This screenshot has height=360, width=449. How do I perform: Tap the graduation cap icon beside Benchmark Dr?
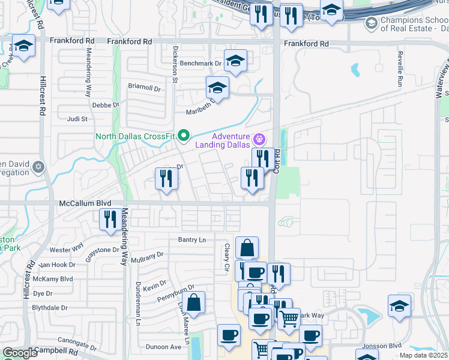coord(235,61)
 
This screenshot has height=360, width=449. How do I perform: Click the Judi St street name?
coord(78,119)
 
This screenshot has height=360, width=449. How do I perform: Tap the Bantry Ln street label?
coord(191,240)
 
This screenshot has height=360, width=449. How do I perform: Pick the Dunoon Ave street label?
coord(163,347)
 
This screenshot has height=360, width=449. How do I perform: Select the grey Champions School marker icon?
coord(371,23)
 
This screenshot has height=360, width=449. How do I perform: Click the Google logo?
coord(20,353)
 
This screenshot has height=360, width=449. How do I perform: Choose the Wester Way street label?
coord(66,250)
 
